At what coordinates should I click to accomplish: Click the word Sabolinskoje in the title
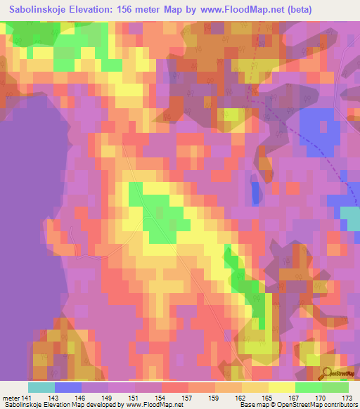[41, 10]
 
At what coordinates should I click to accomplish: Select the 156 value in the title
[136, 10]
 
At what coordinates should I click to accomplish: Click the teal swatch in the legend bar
[41, 387]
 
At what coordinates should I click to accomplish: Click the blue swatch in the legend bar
[68, 387]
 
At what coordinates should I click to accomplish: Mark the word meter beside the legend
[11, 398]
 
